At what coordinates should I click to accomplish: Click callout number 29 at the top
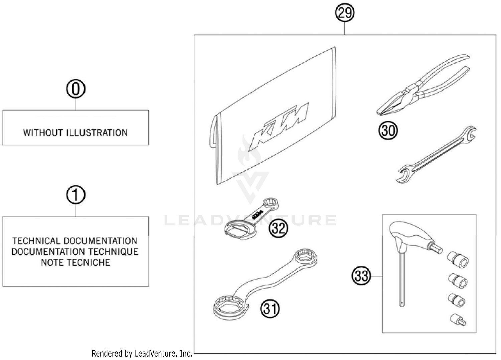click(x=345, y=13)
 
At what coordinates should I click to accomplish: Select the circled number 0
click(x=76, y=89)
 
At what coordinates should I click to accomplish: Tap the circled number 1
click(x=76, y=195)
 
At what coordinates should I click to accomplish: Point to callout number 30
click(x=388, y=130)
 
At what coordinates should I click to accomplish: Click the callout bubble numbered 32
click(x=278, y=228)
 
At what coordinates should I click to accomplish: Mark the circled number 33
click(x=361, y=276)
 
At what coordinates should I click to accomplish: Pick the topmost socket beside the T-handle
click(x=458, y=259)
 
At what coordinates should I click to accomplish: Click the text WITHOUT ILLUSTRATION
click(x=75, y=133)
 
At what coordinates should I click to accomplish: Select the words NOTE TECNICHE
click(x=75, y=263)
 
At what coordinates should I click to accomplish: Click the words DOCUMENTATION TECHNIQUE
click(x=75, y=252)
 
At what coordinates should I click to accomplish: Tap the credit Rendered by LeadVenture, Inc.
click(x=142, y=353)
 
